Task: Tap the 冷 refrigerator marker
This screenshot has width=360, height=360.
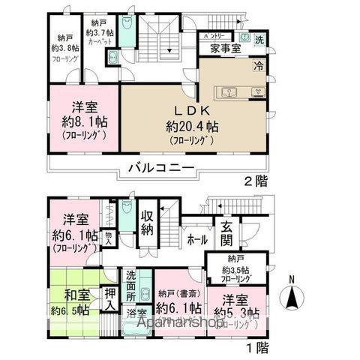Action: coord(259,65)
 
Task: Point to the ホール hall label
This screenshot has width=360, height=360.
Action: coord(197,241)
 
